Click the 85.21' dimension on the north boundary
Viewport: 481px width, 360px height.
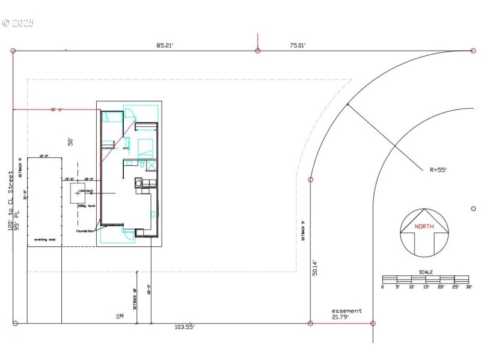(165, 44)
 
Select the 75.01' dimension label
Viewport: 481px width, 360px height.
(297, 44)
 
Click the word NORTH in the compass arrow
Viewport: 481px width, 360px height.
(424, 227)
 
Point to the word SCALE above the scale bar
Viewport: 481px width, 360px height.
(426, 272)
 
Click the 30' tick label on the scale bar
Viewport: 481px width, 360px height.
(469, 287)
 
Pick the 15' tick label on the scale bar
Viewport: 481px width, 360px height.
(426, 287)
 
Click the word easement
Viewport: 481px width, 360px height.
(347, 311)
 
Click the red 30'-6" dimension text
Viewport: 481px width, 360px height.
(57, 109)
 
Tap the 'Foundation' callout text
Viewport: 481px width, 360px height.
(85, 231)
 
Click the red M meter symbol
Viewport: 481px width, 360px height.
(120, 316)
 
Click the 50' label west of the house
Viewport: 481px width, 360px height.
(70, 142)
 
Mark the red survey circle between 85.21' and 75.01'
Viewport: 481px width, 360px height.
(258, 51)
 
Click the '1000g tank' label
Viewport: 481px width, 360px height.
(87, 206)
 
